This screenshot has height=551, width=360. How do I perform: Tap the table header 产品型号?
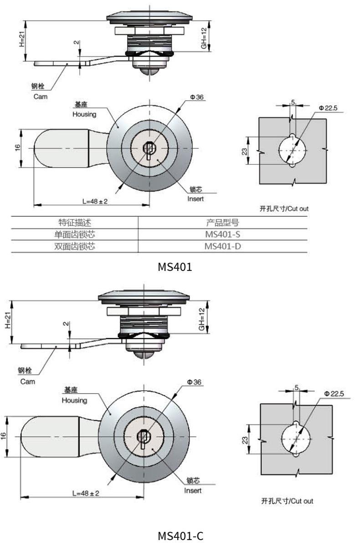pyautogui.click(x=222, y=223)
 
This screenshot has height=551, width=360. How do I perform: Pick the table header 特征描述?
pyautogui.click(x=75, y=223)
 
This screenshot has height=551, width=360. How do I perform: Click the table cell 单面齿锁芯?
pyautogui.click(x=75, y=235)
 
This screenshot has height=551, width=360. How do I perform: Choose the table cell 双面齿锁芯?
pyautogui.click(x=75, y=246)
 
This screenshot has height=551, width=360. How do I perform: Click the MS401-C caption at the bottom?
pyautogui.click(x=180, y=536)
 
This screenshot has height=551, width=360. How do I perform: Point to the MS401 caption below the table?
pyautogui.click(x=175, y=266)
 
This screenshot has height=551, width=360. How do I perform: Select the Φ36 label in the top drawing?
pyautogui.click(x=197, y=97)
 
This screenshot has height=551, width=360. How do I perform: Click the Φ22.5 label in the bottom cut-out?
pyautogui.click(x=334, y=393)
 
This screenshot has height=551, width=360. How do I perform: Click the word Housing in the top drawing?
pyautogui.click(x=84, y=114)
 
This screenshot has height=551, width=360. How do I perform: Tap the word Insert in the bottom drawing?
pyautogui.click(x=193, y=490)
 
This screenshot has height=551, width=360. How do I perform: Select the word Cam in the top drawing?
pyautogui.click(x=40, y=97)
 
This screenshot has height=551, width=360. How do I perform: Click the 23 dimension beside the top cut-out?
pyautogui.click(x=244, y=151)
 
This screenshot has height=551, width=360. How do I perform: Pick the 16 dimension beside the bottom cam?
pyautogui.click(x=4, y=436)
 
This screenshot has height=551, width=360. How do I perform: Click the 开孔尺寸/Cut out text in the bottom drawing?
pyautogui.click(x=287, y=501)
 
